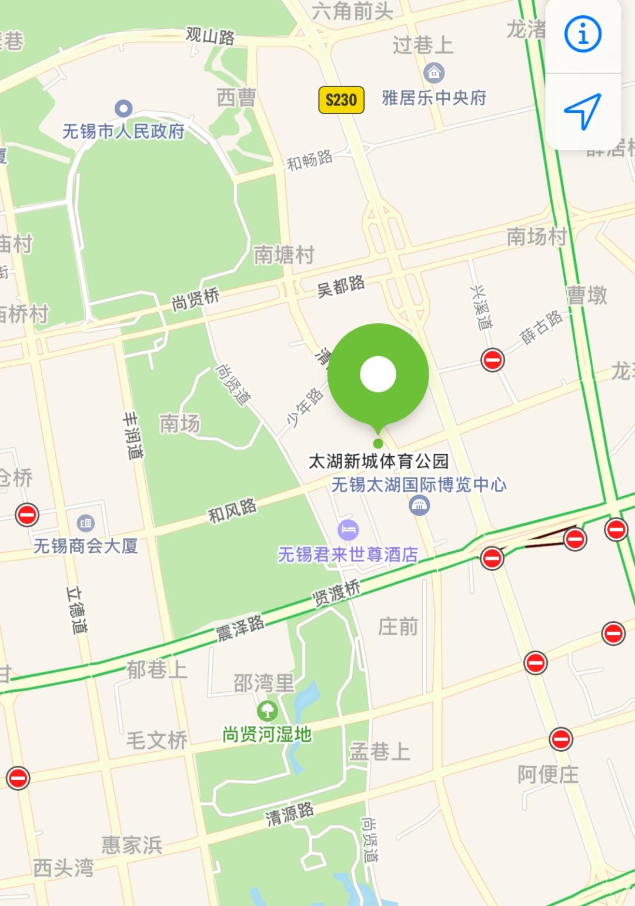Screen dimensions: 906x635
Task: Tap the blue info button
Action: [583, 34]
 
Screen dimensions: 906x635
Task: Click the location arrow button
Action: [583, 111]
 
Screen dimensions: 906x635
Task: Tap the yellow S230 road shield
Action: [341, 99]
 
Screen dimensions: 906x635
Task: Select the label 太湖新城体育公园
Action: [379, 461]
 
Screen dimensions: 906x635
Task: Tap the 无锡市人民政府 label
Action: [123, 131]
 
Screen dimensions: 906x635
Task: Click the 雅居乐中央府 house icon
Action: [434, 73]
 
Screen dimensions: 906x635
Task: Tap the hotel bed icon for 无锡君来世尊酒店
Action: [348, 529]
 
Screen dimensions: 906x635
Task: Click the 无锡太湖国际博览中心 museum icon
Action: [419, 505]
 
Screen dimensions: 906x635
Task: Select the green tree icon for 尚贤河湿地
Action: [268, 710]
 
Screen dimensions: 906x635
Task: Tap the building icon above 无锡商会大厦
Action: [86, 522]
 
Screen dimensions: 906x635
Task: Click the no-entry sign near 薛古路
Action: [493, 359]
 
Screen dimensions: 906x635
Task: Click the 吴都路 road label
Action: [341, 286]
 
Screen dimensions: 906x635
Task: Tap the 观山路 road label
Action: [210, 36]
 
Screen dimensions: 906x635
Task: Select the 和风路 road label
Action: [232, 510]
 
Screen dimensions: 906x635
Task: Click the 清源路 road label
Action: [289, 814]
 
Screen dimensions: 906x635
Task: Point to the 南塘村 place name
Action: [284, 255]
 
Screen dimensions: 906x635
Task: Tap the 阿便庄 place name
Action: [548, 774]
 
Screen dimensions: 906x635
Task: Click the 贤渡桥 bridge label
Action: [336, 592]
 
